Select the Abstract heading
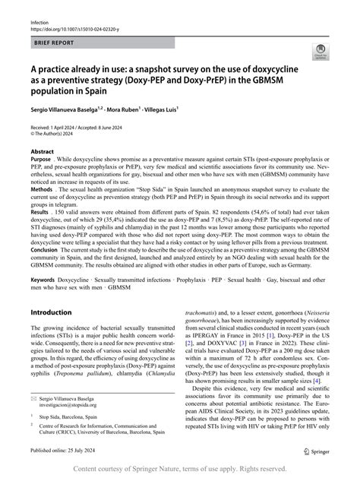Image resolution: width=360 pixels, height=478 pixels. point(42,151)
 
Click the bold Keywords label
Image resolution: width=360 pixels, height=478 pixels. point(45,280)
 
